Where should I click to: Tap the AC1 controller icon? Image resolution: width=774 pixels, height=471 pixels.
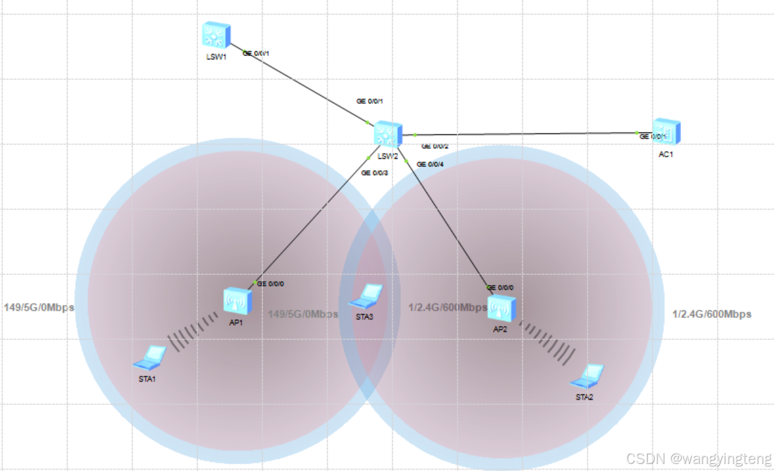coord(666,132)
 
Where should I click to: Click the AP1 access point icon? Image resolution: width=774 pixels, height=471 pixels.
coord(238,300)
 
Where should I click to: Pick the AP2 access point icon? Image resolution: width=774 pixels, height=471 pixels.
coord(500,308)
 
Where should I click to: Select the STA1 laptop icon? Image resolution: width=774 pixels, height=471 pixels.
coord(150,358)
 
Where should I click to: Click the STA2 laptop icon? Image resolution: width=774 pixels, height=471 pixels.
coord(587,376)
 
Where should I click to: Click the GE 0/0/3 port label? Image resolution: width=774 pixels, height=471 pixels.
coord(374,173)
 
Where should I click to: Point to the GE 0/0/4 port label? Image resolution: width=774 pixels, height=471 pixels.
coord(430,164)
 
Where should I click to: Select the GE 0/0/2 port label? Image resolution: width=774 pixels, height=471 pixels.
coord(435,146)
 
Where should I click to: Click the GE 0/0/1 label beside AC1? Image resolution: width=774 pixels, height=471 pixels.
coord(653,136)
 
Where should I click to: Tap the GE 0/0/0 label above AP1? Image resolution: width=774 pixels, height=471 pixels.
coord(270,284)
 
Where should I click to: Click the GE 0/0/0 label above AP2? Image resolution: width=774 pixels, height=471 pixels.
coord(500,287)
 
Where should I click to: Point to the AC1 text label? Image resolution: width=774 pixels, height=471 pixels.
coord(666,154)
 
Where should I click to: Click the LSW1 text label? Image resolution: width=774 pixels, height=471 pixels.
coord(216,57)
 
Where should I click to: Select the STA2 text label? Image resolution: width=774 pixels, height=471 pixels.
coord(584,397)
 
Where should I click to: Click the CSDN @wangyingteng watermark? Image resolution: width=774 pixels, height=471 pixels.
coord(699,458)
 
